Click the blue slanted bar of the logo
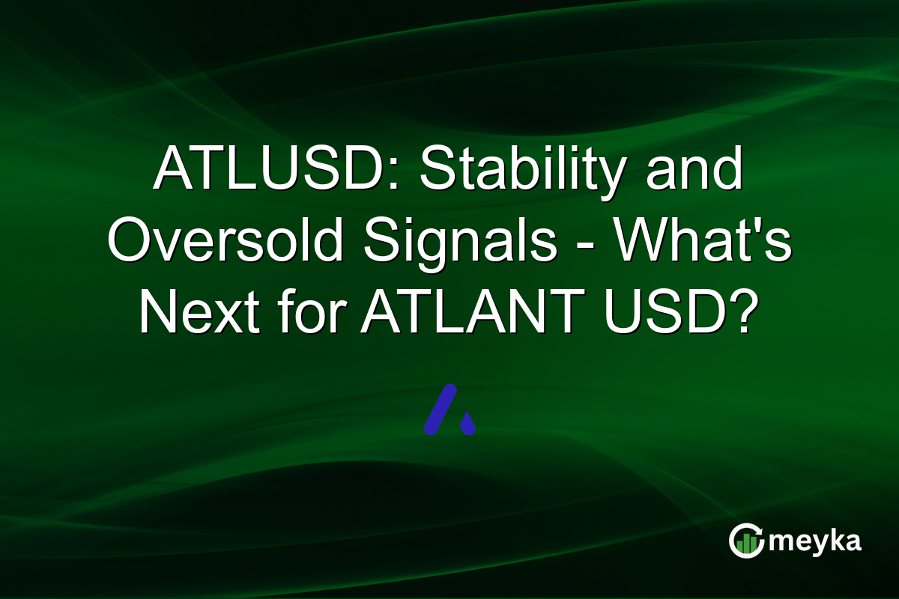(x=440, y=410)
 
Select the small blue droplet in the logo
(x=467, y=425)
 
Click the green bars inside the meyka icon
(x=745, y=544)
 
